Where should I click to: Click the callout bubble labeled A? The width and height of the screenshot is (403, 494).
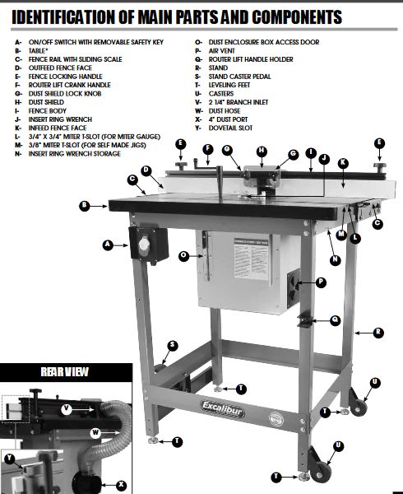[107, 245]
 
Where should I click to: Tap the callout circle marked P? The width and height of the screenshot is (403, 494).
[322, 282]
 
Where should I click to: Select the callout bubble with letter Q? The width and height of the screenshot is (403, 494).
[336, 319]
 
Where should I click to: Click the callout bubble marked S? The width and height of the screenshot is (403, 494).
[172, 345]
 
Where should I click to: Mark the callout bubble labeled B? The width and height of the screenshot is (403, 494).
[84, 205]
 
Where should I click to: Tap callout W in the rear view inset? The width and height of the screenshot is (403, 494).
[95, 431]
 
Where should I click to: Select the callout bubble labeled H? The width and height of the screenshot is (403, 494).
[262, 151]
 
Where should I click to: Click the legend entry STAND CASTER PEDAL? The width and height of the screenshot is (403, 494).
[260, 77]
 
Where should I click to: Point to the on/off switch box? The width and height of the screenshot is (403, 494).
[149, 244]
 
